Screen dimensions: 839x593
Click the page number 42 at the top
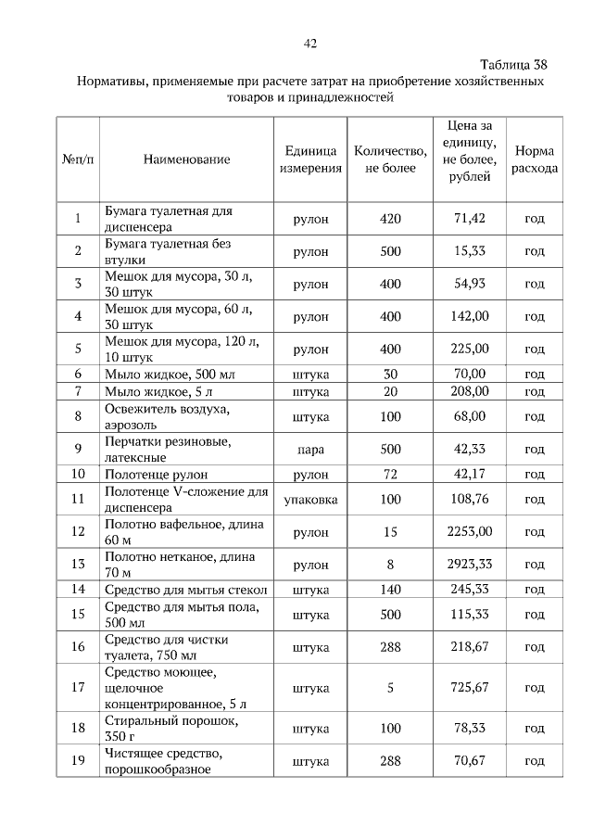click(x=310, y=44)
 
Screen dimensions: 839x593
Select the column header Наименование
click(x=186, y=159)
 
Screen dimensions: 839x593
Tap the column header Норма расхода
click(x=535, y=159)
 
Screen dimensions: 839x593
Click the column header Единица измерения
click(x=310, y=159)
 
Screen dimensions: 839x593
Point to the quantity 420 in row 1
click(x=390, y=219)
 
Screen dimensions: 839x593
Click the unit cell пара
click(x=310, y=450)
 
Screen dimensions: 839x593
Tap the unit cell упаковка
click(x=310, y=500)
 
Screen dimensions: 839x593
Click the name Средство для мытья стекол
click(x=186, y=589)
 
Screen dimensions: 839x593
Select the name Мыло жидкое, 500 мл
click(x=165, y=374)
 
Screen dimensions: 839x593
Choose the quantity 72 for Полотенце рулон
click(x=390, y=475)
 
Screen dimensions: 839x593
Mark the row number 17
click(x=79, y=688)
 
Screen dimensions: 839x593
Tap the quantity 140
click(x=390, y=589)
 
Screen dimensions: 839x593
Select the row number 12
click(x=79, y=532)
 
